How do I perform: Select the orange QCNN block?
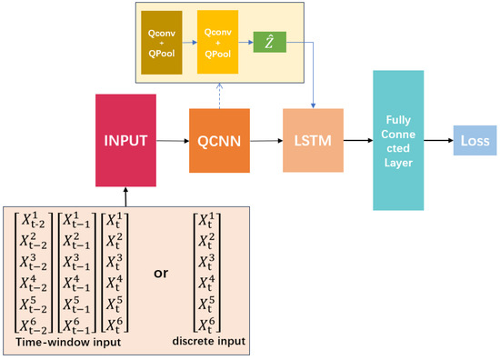218,141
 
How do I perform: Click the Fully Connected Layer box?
401,140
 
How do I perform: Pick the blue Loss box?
474,141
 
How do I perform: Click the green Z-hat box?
268,42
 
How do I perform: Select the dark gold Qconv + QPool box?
161,43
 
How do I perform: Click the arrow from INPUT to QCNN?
172,142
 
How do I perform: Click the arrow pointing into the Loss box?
442,141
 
